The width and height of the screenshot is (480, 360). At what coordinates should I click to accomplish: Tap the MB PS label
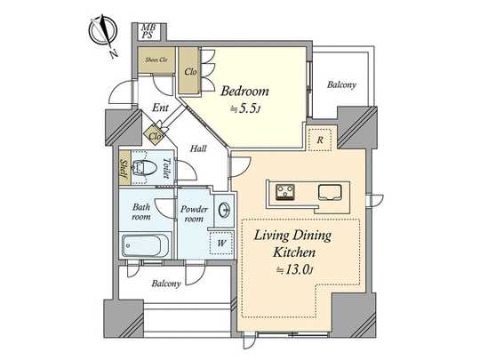(x=148, y=32)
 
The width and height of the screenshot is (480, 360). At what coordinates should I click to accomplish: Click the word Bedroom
(x=244, y=91)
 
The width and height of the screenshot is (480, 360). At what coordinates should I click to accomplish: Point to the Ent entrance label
(x=160, y=108)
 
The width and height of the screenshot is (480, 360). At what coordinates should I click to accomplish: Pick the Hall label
(x=198, y=148)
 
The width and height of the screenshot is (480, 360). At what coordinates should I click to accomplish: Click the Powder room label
(x=194, y=213)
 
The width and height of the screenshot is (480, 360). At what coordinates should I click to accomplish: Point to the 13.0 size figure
(x=295, y=269)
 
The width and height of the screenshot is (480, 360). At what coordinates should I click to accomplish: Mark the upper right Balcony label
(x=341, y=85)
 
